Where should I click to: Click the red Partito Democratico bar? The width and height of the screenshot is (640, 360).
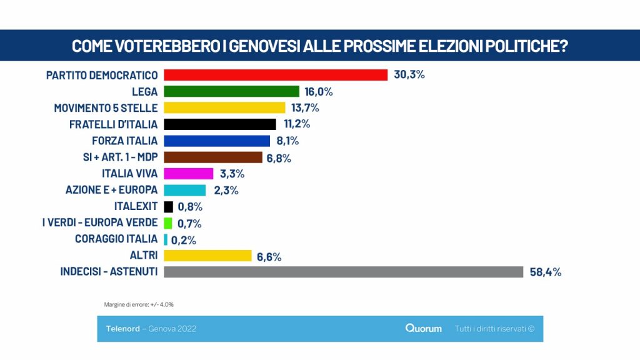click(x=276, y=75)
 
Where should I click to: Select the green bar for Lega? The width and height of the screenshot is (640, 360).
click(x=231, y=91)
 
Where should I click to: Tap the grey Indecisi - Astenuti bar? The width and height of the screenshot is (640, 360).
click(x=344, y=272)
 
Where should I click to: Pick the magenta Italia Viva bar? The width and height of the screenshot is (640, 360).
click(x=189, y=174)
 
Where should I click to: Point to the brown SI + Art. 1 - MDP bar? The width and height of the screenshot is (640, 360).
click(x=213, y=157)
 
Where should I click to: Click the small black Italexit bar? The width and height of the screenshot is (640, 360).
click(x=169, y=206)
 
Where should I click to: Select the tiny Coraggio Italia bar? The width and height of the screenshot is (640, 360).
click(x=166, y=239)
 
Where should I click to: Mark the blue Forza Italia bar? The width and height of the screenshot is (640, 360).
click(x=217, y=141)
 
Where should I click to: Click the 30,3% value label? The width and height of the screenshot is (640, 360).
click(x=409, y=75)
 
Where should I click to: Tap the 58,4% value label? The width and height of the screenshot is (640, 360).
click(x=545, y=272)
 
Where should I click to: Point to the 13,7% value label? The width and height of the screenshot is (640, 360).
click(x=305, y=107)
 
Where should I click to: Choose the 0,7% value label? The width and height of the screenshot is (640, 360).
click(x=189, y=224)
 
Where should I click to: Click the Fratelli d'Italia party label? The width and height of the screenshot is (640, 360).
click(x=114, y=124)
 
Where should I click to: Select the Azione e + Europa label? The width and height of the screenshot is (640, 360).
click(x=111, y=190)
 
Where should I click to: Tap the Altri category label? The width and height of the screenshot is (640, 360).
click(x=144, y=255)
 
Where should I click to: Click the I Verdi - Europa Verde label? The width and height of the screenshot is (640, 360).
click(x=100, y=222)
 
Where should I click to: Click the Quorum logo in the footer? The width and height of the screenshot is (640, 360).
click(x=424, y=329)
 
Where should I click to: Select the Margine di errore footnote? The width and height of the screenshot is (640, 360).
click(x=139, y=304)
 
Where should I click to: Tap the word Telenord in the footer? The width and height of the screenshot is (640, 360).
click(x=123, y=329)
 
